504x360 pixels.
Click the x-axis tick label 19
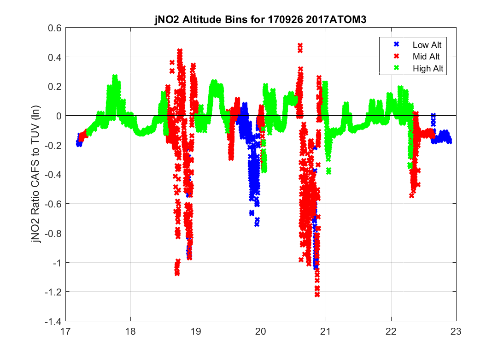click(x=196, y=331)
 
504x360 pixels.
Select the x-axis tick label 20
click(x=261, y=331)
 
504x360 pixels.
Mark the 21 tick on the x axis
click(x=326, y=331)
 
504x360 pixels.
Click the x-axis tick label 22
click(x=391, y=331)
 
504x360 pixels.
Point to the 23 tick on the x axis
click(x=456, y=331)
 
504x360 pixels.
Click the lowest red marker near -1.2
click(x=317, y=295)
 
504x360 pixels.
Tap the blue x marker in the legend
click(x=395, y=45)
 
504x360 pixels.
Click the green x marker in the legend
click(x=395, y=68)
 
